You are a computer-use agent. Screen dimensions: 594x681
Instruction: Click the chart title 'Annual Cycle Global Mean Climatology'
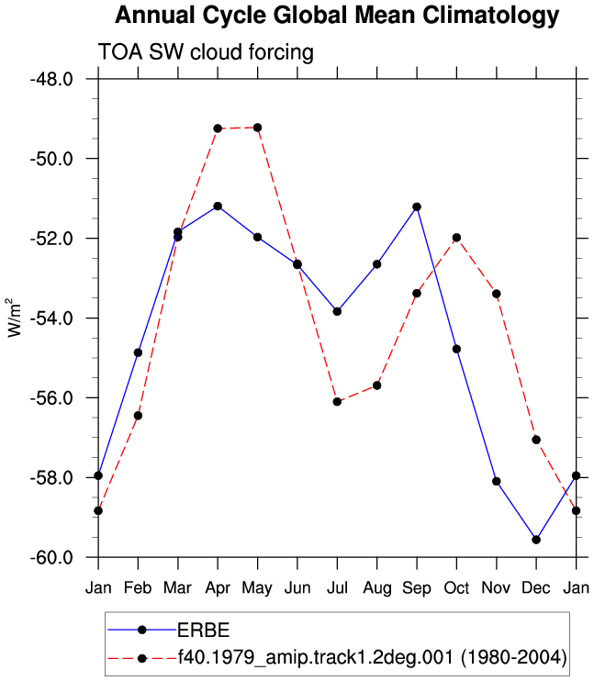click(x=337, y=17)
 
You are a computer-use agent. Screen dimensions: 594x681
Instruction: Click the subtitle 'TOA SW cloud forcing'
click(x=206, y=52)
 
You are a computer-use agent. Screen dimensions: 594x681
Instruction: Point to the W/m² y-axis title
click(x=15, y=318)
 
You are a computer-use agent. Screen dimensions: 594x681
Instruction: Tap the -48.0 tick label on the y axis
click(x=51, y=80)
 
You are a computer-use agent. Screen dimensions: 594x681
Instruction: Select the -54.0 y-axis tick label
click(x=51, y=318)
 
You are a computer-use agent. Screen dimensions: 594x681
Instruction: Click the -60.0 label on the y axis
click(x=51, y=557)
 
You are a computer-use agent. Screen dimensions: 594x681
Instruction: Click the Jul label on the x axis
click(x=337, y=588)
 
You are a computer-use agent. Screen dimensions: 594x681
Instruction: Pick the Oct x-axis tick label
click(x=456, y=588)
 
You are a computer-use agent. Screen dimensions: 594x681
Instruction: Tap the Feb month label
click(x=138, y=588)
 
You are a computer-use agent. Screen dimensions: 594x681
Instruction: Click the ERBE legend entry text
click(x=204, y=631)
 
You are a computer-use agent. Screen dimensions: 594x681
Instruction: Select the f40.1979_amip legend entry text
click(x=373, y=657)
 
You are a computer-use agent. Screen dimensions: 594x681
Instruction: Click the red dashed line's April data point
click(x=218, y=128)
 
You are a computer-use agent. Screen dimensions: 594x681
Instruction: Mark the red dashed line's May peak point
click(x=257, y=128)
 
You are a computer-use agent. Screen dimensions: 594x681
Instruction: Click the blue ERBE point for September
click(x=417, y=207)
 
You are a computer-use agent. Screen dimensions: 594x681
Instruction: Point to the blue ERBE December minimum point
click(x=536, y=540)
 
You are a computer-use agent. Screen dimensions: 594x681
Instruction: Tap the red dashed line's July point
click(x=337, y=402)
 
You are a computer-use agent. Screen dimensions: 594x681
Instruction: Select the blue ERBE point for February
click(x=138, y=352)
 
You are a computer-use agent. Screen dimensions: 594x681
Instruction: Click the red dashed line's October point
click(x=456, y=238)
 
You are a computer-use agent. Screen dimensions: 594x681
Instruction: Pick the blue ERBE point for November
click(x=497, y=481)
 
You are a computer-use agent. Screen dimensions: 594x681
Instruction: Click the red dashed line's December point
click(x=536, y=440)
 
